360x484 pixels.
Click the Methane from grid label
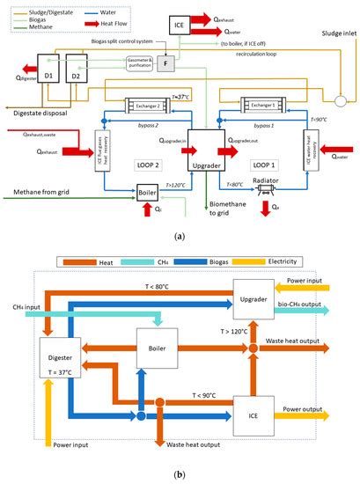38,192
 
